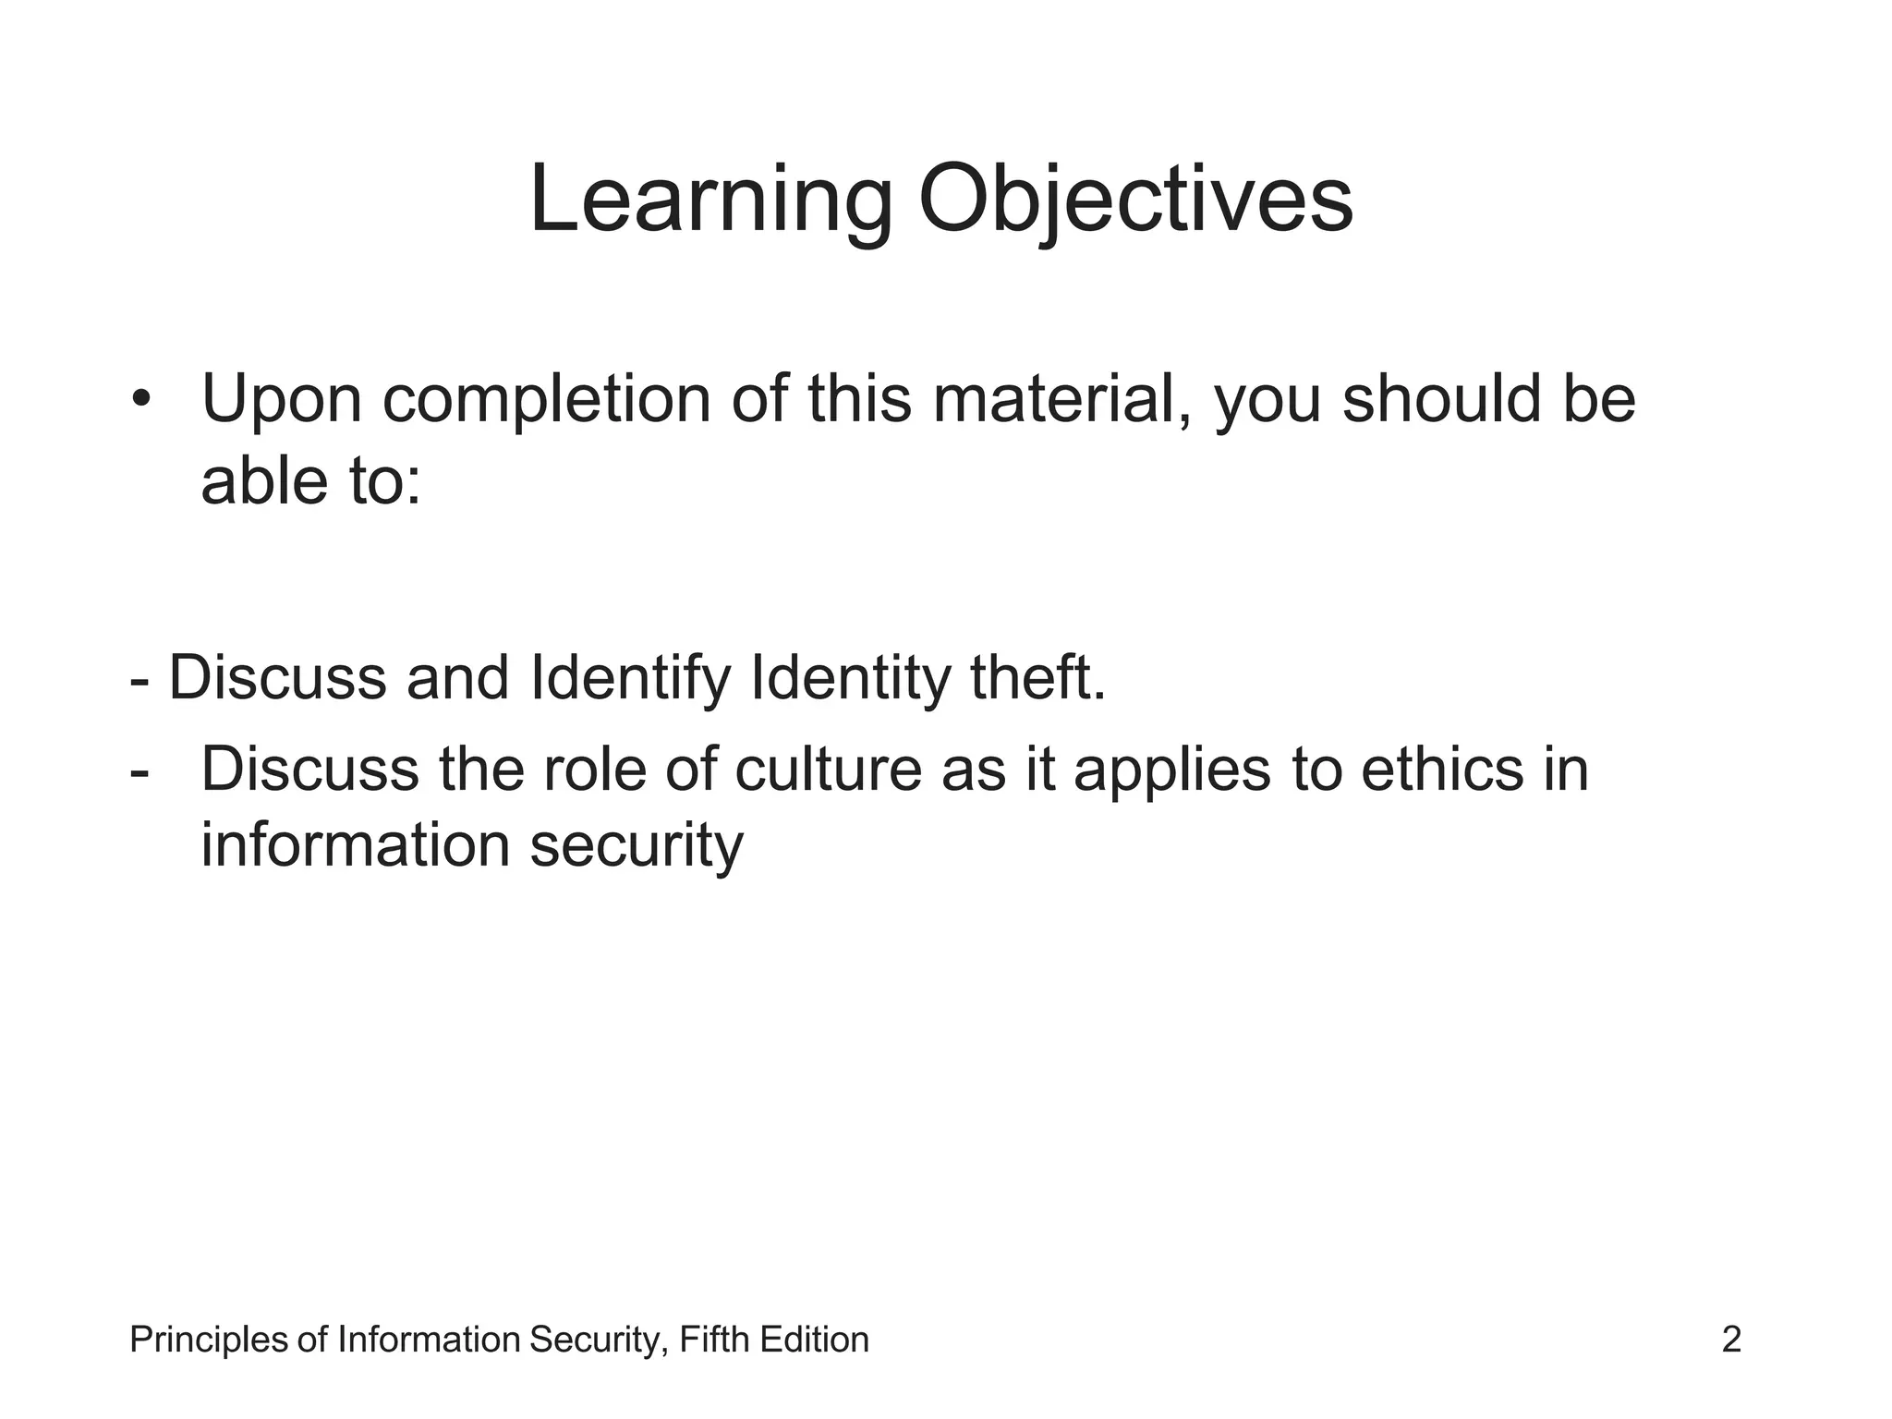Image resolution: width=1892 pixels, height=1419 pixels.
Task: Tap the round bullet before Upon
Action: (140, 399)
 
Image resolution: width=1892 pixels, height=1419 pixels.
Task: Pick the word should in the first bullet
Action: (1442, 399)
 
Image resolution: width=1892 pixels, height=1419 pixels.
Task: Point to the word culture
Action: (829, 769)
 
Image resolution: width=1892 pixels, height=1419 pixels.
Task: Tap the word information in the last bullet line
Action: (356, 844)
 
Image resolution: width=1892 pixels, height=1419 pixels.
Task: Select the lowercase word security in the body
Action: (637, 846)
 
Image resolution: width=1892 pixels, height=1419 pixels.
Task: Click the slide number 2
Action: (1731, 1340)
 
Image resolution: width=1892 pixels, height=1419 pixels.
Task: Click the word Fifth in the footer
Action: (714, 1340)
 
